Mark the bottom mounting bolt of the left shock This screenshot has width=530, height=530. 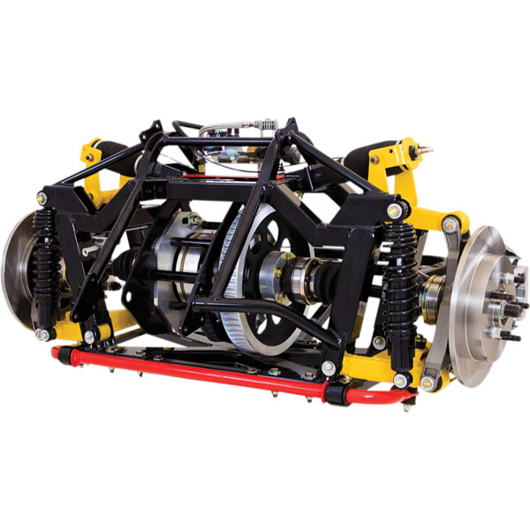[x=42, y=334]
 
